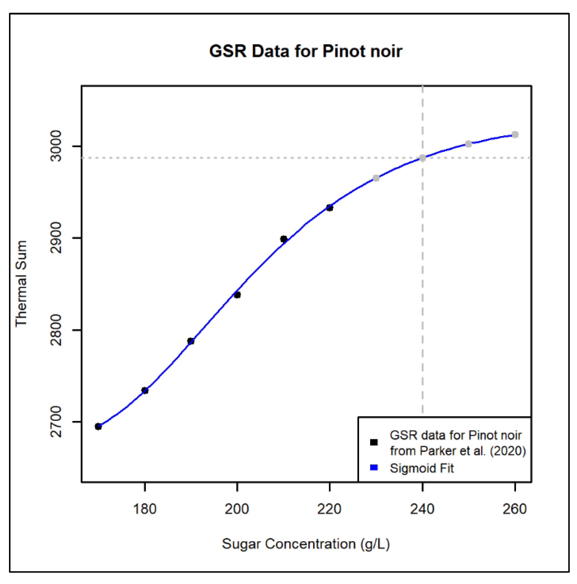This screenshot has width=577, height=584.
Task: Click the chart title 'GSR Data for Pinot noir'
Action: click(x=305, y=51)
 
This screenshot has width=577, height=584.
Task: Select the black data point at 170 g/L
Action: click(x=98, y=426)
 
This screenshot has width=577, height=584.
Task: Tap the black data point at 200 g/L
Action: click(x=237, y=295)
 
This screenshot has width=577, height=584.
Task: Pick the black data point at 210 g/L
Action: click(x=283, y=239)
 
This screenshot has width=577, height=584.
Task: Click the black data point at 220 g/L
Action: click(x=330, y=208)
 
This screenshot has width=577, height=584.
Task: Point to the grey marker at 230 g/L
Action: click(x=376, y=178)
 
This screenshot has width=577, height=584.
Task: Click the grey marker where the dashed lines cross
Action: click(x=422, y=158)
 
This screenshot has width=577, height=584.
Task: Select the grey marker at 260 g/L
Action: click(x=515, y=135)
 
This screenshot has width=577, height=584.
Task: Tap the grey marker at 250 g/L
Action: click(x=468, y=144)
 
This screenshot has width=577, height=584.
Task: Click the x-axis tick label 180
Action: click(x=145, y=509)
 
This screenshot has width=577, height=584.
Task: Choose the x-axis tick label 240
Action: click(x=422, y=509)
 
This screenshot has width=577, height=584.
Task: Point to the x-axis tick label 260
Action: click(x=515, y=509)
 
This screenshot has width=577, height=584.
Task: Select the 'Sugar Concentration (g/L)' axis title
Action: click(x=306, y=544)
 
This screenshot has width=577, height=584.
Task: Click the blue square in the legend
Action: click(x=374, y=468)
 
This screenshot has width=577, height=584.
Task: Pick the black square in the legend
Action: click(x=374, y=442)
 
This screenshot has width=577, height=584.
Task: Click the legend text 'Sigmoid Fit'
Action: click(x=421, y=468)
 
